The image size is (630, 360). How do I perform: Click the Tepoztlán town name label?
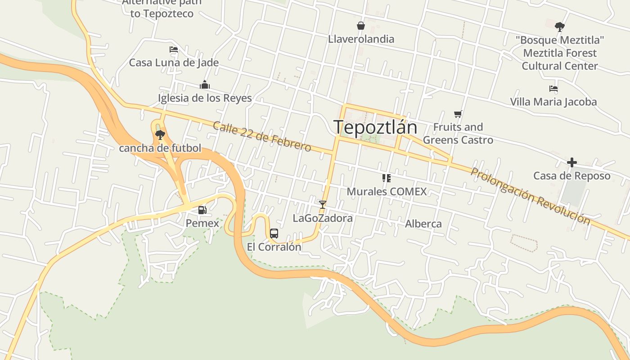point(375,127)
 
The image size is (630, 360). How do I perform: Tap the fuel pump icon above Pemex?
point(202,210)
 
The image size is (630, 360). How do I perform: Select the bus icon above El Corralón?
point(274,233)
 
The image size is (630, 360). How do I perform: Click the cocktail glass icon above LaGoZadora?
point(322,204)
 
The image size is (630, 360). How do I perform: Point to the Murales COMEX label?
point(387,192)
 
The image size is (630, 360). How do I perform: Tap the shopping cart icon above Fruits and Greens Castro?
point(458,114)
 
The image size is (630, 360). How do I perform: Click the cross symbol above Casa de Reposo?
point(571,162)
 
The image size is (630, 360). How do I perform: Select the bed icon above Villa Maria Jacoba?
point(553,89)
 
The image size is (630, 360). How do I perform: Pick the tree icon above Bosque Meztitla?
point(559,27)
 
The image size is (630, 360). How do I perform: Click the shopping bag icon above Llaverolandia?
point(360,26)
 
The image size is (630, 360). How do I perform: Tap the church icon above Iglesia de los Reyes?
point(205,85)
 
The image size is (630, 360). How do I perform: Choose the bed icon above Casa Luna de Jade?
point(174,49)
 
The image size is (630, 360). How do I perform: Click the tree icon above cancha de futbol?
point(160,134)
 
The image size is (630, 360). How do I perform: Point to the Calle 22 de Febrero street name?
point(261,136)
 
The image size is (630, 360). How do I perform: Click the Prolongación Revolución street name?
point(530,196)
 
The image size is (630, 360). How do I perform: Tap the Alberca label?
point(423,224)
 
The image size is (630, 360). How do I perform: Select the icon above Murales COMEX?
point(386,178)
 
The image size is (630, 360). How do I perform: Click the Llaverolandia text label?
point(361,39)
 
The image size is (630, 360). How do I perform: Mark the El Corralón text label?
point(274,247)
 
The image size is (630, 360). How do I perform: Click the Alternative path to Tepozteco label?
point(162,8)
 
